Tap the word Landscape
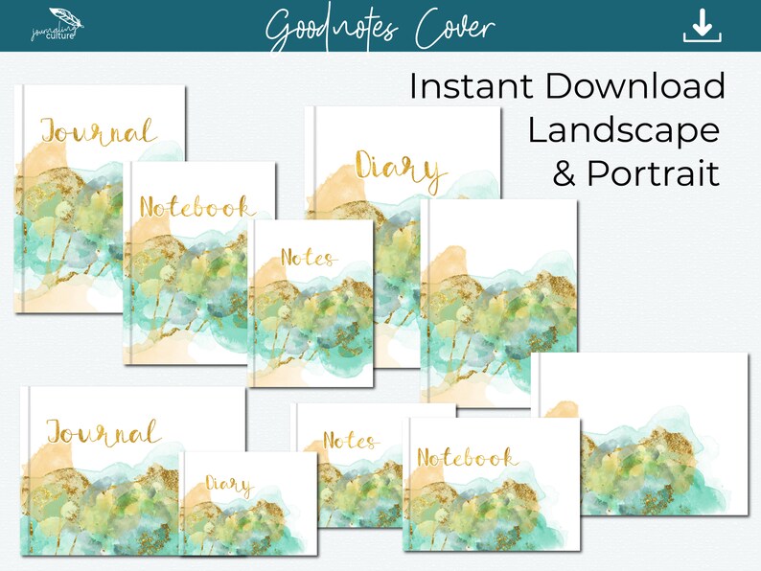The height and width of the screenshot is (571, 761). pyautogui.click(x=623, y=129)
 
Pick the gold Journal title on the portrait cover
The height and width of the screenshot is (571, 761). pyautogui.click(x=97, y=130)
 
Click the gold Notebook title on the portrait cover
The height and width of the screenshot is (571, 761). pyautogui.click(x=196, y=206)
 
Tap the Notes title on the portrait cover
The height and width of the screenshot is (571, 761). pyautogui.click(x=308, y=258)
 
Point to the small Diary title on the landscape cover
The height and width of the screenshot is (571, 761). pyautogui.click(x=227, y=486)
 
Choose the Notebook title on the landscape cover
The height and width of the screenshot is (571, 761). pyautogui.click(x=467, y=458)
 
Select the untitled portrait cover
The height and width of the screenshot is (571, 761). pyautogui.click(x=500, y=297)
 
